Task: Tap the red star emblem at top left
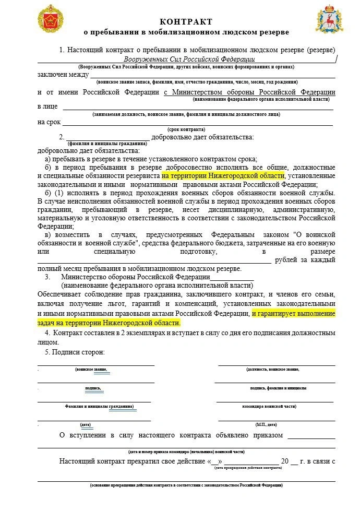point(51,18)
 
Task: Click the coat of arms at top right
point(329,19)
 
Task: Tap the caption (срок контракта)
point(186,129)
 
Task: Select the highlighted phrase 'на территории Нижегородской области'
point(223,175)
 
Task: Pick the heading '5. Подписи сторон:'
point(75,352)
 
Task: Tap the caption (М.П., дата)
point(266,424)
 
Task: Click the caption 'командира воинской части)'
point(270,406)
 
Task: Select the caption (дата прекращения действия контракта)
point(248,468)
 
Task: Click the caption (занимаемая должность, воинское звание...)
point(186,114)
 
